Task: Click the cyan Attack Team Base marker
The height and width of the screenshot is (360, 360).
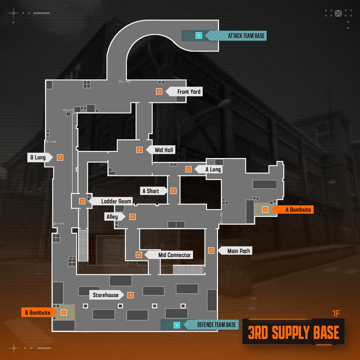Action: coord(199,35)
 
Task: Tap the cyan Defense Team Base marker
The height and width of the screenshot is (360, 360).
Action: coord(177,325)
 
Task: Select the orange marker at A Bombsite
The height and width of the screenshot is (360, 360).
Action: coord(265,209)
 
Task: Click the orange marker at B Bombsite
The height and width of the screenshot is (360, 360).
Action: coord(64,312)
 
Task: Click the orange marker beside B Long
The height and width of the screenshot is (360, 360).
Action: coord(60,157)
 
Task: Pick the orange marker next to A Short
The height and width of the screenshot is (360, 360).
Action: coord(174,191)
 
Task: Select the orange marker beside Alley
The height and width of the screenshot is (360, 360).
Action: coord(132,217)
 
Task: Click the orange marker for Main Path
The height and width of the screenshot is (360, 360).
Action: coord(211,250)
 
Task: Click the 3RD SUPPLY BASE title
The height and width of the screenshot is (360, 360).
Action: coord(293,332)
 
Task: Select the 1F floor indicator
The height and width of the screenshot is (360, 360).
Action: coord(336,314)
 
